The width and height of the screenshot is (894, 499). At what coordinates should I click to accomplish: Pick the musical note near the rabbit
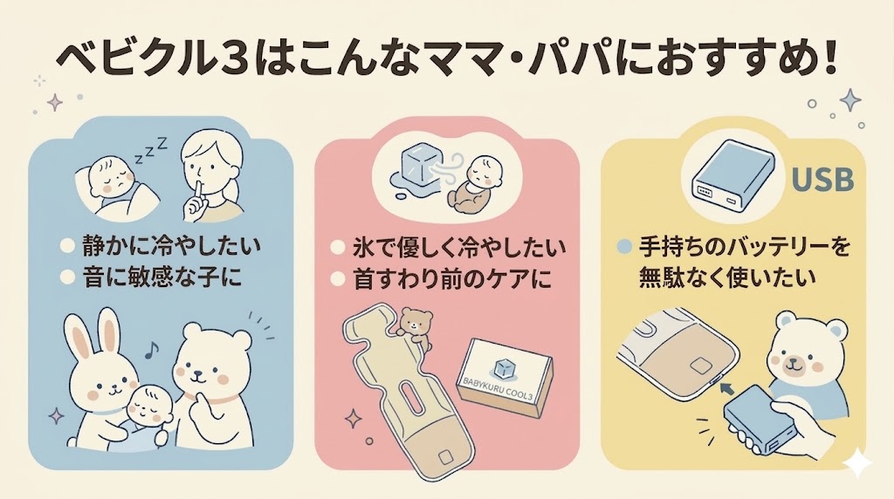(150, 350)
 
